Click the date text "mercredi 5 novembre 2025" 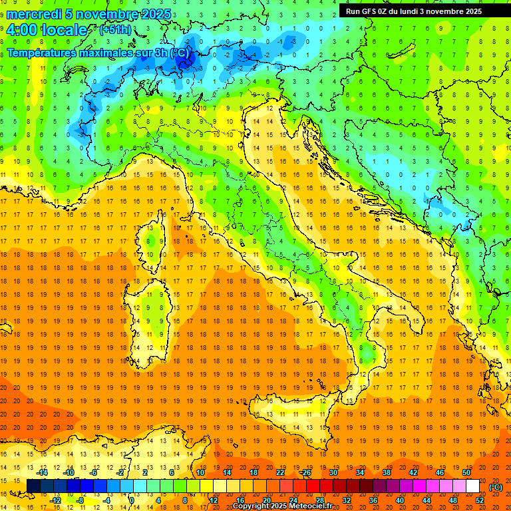[89, 14]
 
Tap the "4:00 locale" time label [47, 30]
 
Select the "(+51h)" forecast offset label [115, 30]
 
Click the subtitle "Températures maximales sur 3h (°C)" [97, 52]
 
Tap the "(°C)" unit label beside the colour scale [495, 487]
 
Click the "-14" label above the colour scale [42, 472]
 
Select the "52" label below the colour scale [480, 500]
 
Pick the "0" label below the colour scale [132, 500]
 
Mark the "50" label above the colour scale [466, 472]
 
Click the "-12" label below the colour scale [56, 500]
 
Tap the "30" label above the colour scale [333, 472]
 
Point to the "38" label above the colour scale [386, 472]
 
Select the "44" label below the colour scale [426, 500]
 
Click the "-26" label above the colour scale [305, 472]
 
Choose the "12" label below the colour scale [214, 500]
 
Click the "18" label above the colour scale [253, 472]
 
